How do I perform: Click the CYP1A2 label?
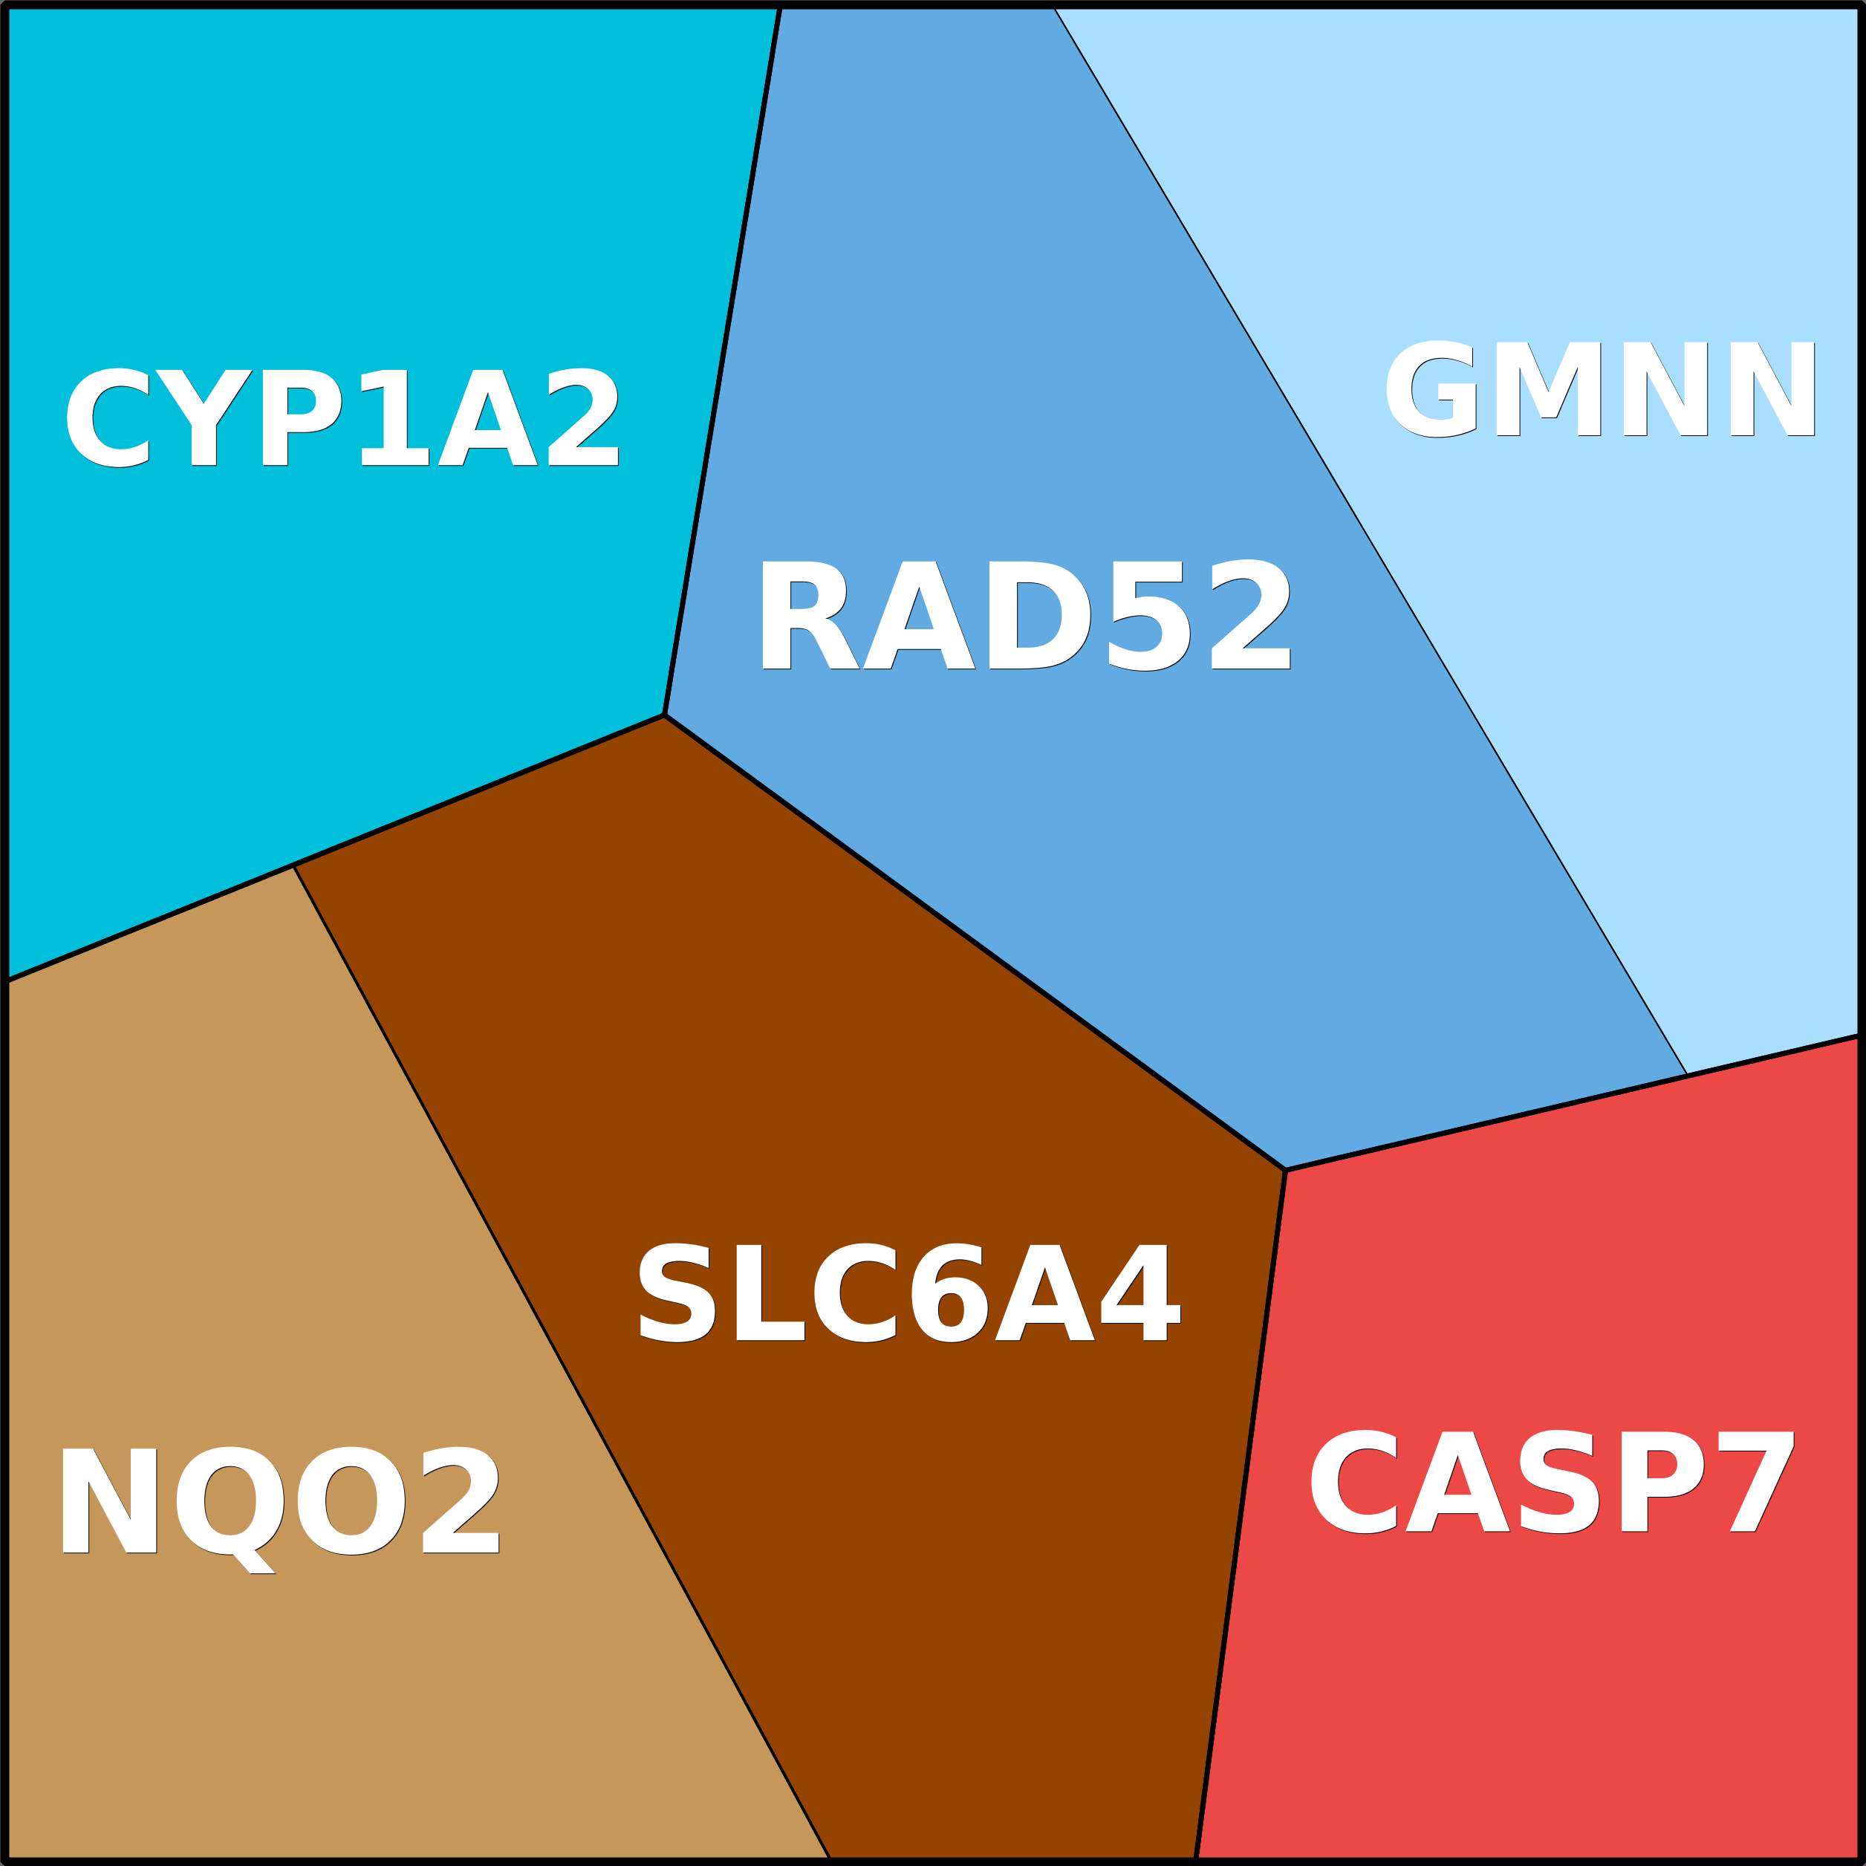(341, 417)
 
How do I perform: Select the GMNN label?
(1600, 389)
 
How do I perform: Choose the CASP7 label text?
(1551, 1482)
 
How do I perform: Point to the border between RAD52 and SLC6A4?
(975, 942)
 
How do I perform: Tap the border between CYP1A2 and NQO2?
(150, 923)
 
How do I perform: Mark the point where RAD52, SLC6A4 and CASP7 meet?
(1286, 1170)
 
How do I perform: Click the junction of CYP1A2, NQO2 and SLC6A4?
(293, 865)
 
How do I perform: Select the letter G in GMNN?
(1431, 389)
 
